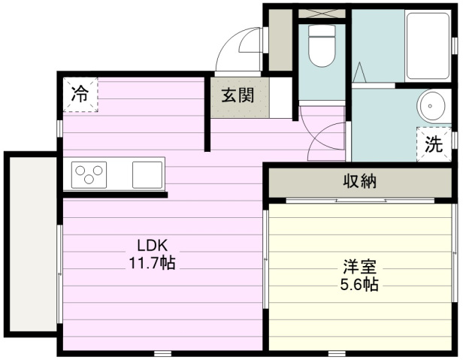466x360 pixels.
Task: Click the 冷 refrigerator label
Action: click(80, 94)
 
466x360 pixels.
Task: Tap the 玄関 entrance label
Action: click(238, 95)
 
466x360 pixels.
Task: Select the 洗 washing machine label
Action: click(434, 144)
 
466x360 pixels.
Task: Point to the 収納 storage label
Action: click(360, 180)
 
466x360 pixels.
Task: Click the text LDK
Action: click(153, 246)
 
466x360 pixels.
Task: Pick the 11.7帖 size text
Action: click(152, 263)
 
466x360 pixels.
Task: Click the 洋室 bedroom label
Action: click(360, 266)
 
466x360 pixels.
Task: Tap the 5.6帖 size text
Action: click(359, 284)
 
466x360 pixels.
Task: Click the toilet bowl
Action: click(322, 46)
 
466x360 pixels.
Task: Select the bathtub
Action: click(428, 46)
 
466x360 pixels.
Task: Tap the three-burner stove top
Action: click(89, 175)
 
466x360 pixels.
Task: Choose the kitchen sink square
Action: click(147, 175)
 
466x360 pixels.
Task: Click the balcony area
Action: click(33, 244)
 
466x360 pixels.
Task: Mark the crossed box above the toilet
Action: click(322, 14)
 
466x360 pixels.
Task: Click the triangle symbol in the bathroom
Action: click(359, 72)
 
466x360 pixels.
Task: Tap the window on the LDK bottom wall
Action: click(163, 353)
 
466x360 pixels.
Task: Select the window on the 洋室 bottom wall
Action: click(337, 353)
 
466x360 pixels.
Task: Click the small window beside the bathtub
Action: click(455, 46)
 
